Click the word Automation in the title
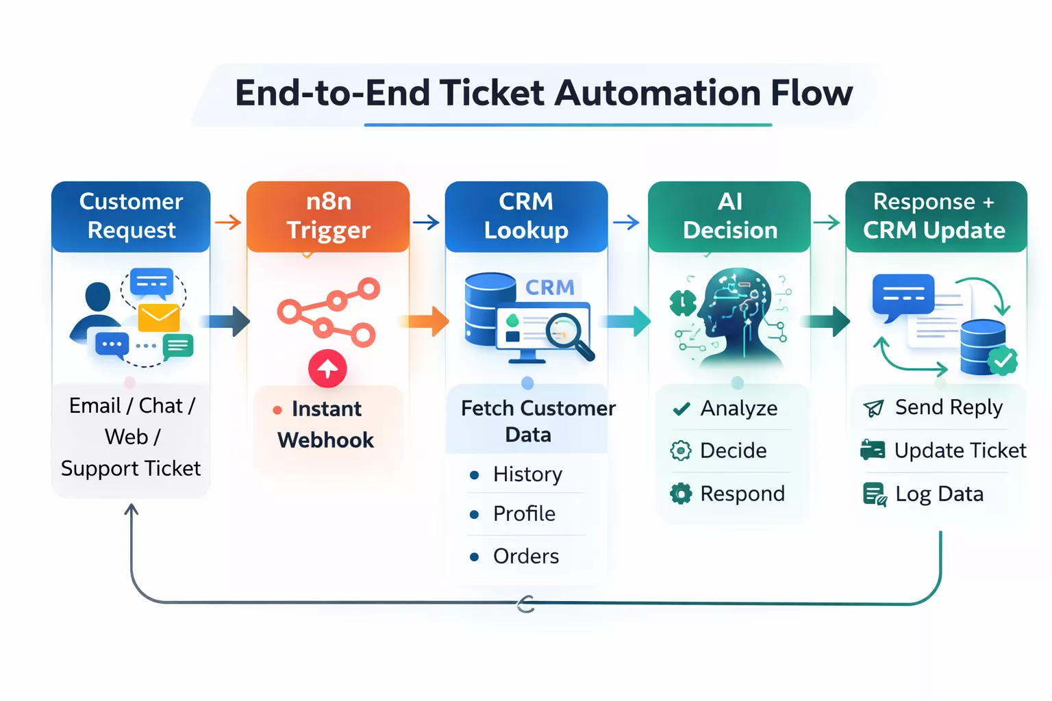pyautogui.click(x=657, y=93)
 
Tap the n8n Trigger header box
pyautogui.click(x=328, y=216)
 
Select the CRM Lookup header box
pyautogui.click(x=526, y=216)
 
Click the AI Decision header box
pyautogui.click(x=729, y=216)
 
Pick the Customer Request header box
pyautogui.click(x=131, y=216)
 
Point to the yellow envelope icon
pyautogui.click(x=159, y=318)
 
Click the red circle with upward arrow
pyautogui.click(x=327, y=368)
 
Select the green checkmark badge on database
pyautogui.click(x=1002, y=361)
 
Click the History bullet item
pyautogui.click(x=516, y=474)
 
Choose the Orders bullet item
pyautogui.click(x=514, y=557)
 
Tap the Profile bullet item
pyautogui.click(x=512, y=514)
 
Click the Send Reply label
pyautogui.click(x=949, y=407)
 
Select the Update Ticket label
pyautogui.click(x=960, y=450)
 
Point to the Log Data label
pyautogui.click(x=939, y=494)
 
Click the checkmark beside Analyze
pyautogui.click(x=681, y=409)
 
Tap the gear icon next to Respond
pyautogui.click(x=681, y=494)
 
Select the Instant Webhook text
pyautogui.click(x=326, y=424)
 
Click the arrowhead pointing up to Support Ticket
pyautogui.click(x=131, y=509)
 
